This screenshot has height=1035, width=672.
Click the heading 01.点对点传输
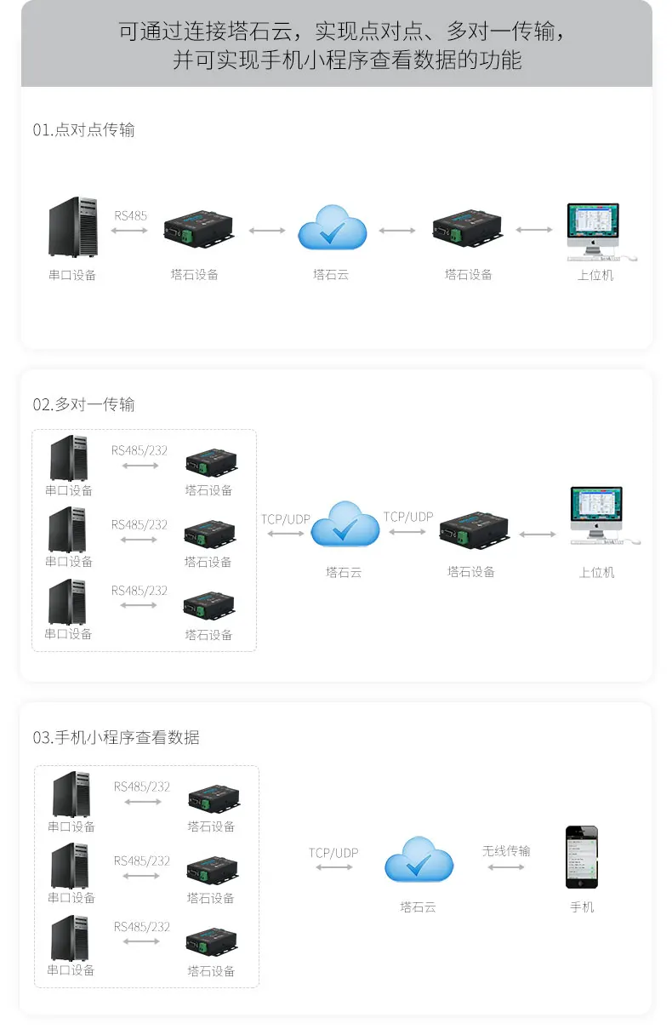coord(83,130)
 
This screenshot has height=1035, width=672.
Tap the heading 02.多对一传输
coord(83,404)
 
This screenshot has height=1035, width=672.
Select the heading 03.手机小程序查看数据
coord(116,738)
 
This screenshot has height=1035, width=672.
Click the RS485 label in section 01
coord(130,215)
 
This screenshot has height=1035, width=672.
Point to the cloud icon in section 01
coord(332,229)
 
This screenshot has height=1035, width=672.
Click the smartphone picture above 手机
coord(582,858)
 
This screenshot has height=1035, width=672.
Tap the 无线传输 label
coord(506,850)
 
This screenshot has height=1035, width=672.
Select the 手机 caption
coord(582,907)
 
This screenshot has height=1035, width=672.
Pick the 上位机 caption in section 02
coord(596,572)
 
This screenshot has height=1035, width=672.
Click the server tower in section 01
coord(72,227)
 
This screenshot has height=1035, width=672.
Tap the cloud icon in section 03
coord(419,861)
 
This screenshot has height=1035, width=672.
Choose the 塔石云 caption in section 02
coord(344,572)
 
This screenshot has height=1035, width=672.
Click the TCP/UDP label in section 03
coord(333,853)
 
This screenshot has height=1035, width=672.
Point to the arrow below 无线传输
coord(506,867)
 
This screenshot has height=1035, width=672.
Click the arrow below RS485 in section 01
coord(130,231)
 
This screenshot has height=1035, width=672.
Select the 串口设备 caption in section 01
coord(72,275)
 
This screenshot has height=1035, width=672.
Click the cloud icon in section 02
coord(345,526)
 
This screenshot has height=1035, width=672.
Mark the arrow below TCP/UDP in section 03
coord(333,867)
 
